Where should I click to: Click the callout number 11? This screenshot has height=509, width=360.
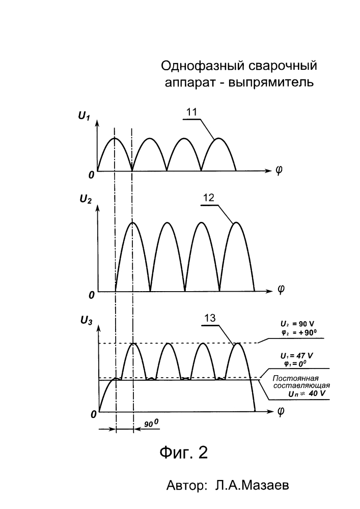(192, 112)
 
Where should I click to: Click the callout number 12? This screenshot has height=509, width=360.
(209, 197)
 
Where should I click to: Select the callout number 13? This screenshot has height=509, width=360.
(210, 318)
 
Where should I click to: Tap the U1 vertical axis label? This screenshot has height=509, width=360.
(84, 116)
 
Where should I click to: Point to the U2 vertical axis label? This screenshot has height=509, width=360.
(86, 199)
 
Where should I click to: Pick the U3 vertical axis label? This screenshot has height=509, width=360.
(87, 321)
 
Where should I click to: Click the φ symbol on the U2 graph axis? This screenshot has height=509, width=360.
(281, 289)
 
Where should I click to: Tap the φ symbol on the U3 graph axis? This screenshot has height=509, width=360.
(281, 411)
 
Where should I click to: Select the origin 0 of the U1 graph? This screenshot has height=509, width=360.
(92, 175)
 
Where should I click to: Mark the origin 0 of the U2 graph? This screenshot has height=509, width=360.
(92, 295)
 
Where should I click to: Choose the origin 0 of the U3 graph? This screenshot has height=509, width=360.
(94, 415)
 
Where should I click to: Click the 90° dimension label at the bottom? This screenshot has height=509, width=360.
(151, 423)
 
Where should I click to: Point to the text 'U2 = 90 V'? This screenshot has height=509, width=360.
(297, 324)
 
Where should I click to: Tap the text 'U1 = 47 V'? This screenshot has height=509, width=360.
(297, 356)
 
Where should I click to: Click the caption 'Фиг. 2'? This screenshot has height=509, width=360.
(183, 453)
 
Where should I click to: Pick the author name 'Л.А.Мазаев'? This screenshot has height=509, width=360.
(252, 486)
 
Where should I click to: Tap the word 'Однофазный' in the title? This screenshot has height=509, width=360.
(203, 66)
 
